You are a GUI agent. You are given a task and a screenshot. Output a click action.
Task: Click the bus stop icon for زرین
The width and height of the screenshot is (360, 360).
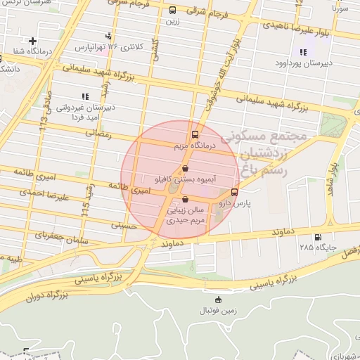[x=173, y=10]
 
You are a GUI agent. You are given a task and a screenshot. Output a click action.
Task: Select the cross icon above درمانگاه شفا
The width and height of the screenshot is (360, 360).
[x=32, y=41]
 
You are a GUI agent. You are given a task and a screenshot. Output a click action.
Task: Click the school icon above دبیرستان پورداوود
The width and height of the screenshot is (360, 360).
[x=303, y=51]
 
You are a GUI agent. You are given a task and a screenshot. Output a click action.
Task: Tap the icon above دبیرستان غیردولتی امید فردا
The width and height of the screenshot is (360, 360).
[x=85, y=96]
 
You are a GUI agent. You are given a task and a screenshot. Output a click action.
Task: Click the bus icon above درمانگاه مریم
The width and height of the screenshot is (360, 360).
[x=195, y=134]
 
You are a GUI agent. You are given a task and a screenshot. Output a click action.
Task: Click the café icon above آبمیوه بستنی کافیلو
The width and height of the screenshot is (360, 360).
[x=185, y=169]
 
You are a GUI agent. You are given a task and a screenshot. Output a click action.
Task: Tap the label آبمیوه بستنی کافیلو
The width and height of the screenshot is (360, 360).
[x=185, y=181]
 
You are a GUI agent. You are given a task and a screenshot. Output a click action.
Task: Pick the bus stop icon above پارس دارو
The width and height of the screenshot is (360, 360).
[x=234, y=191]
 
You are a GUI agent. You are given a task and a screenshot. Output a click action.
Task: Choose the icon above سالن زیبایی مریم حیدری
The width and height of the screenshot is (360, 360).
[x=185, y=199]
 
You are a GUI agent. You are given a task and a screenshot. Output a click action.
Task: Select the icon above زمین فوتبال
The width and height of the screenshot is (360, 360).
[x=218, y=300]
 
